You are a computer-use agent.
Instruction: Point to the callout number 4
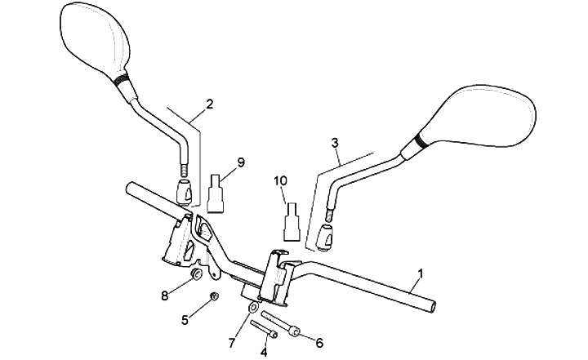click(264, 352)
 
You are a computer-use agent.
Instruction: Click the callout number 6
click(318, 342)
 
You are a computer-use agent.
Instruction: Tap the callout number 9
click(240, 162)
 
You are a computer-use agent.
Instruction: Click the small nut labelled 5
click(215, 296)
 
